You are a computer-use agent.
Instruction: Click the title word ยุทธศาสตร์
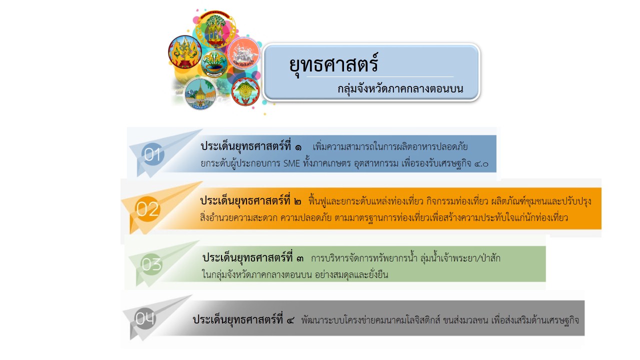tap(333, 64)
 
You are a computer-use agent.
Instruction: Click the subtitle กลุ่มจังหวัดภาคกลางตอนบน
tap(400, 89)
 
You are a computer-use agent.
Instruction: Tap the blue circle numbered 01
tap(153, 154)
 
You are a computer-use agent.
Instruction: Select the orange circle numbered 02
tap(147, 209)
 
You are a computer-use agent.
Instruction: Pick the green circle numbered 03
tap(151, 264)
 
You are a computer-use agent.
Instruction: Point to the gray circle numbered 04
tap(145, 318)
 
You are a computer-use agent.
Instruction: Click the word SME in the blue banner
tap(291, 163)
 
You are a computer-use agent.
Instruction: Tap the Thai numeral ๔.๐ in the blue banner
tap(481, 164)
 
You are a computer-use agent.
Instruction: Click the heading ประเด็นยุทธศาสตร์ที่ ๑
tap(251, 146)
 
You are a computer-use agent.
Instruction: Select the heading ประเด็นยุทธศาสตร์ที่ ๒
tap(250, 201)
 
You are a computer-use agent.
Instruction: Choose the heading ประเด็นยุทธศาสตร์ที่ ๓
tap(253, 257)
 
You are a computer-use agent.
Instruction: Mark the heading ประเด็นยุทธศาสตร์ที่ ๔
tap(243, 319)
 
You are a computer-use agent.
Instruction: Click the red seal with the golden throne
tap(185, 52)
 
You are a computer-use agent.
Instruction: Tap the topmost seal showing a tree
tap(215, 29)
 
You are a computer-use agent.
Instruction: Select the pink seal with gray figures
tap(243, 53)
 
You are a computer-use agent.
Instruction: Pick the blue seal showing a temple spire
tap(200, 93)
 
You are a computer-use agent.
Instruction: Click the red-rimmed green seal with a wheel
tap(245, 91)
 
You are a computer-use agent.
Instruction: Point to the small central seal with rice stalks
tap(214, 64)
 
